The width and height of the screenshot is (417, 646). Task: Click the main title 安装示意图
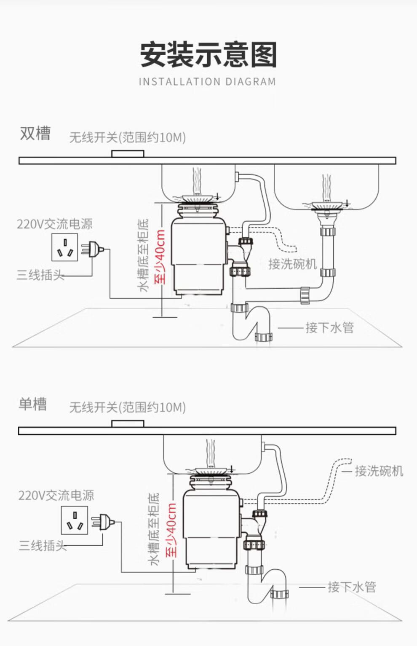pos(208,55)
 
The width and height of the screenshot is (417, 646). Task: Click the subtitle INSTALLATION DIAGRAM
pos(207,82)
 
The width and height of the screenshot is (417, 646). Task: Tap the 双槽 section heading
pos(35,134)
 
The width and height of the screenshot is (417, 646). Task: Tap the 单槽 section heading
pos(32,404)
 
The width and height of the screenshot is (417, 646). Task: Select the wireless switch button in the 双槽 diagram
pos(128,154)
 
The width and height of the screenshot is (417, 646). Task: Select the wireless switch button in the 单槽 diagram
pos(128,424)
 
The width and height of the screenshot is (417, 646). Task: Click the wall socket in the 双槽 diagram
pos(64,247)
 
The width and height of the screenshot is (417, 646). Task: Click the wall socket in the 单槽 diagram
pos(75,520)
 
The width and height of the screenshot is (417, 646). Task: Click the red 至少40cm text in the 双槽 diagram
pos(160,257)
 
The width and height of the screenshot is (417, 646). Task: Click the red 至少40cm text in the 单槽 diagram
pos(171,530)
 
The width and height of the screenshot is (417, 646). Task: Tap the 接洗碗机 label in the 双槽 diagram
pos(292,264)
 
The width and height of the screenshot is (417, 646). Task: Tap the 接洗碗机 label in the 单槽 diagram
pos(379,471)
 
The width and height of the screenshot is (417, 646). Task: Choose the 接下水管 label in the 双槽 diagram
pos(329,327)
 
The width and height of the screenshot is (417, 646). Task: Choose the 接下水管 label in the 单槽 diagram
pos(352,587)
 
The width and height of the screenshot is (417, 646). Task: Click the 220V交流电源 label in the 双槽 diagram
pos(54,224)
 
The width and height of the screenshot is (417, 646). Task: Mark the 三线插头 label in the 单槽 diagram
pos(43,546)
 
